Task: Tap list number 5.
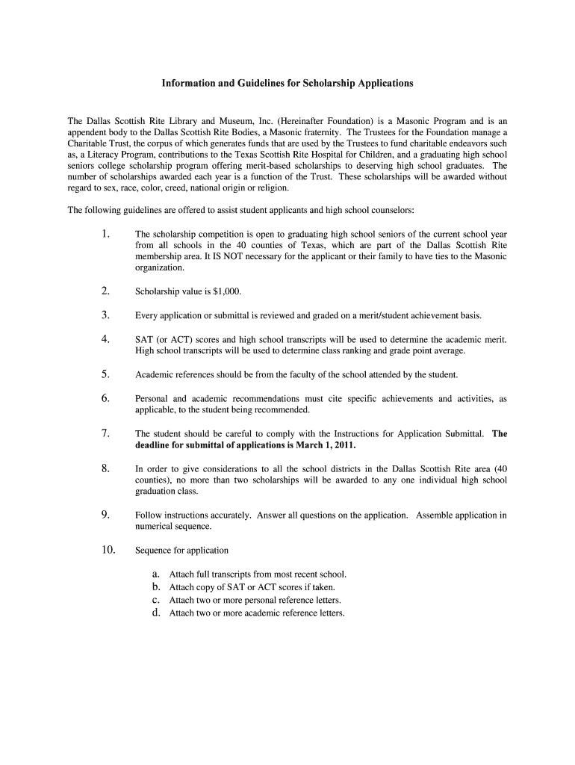[x=105, y=374]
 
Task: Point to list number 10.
[x=108, y=550]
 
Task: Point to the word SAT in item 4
[x=144, y=339]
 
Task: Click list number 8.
[x=105, y=468]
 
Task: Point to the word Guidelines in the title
[x=246, y=83]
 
